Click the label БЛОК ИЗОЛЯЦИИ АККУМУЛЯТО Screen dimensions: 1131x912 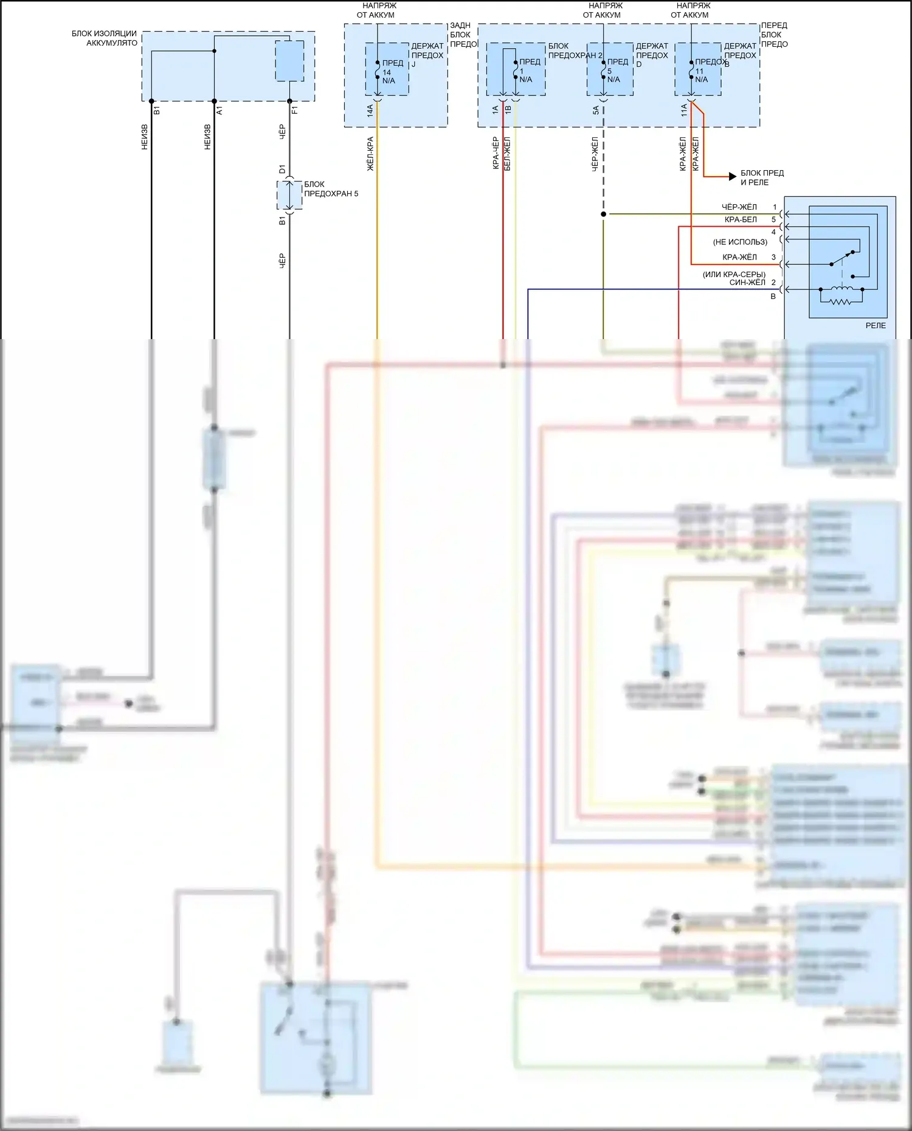click(x=105, y=38)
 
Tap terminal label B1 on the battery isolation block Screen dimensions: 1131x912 click(x=156, y=111)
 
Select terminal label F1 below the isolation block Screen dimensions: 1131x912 click(x=295, y=111)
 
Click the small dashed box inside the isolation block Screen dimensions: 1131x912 click(x=289, y=61)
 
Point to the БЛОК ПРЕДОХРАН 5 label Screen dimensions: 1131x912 click(x=331, y=189)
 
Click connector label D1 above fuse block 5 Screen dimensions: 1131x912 click(x=282, y=170)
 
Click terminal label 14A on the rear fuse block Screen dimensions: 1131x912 click(x=370, y=111)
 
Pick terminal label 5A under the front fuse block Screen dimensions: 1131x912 click(x=596, y=111)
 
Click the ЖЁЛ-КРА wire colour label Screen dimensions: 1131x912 click(x=370, y=154)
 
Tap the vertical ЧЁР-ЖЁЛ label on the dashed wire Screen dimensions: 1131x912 click(x=595, y=154)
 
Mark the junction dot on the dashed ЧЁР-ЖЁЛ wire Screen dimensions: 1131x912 click(x=603, y=214)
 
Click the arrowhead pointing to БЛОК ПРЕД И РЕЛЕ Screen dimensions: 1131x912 click(x=733, y=177)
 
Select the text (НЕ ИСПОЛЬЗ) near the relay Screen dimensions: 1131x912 click(x=740, y=242)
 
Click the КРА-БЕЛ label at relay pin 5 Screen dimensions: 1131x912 click(x=741, y=219)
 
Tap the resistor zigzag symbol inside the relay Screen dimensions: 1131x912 click(x=841, y=300)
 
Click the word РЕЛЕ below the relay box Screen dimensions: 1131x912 click(x=876, y=326)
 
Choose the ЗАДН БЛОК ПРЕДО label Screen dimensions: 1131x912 click(x=463, y=35)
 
